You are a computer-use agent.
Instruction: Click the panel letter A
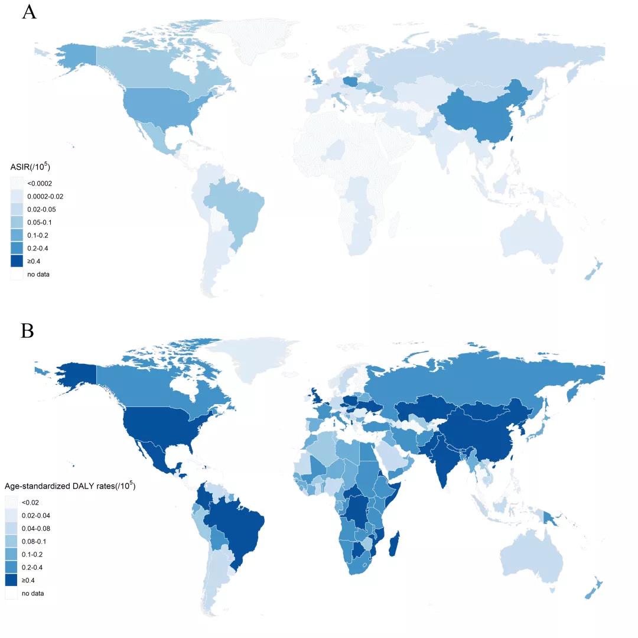point(29,12)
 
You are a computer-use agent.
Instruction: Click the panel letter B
point(27,331)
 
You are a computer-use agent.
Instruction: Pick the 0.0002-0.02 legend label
point(47,197)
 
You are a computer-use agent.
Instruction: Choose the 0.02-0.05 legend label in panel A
point(43,210)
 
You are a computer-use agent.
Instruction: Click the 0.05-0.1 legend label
point(41,223)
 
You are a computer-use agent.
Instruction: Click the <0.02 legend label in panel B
point(31,503)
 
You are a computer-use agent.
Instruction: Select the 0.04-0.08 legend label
point(37,529)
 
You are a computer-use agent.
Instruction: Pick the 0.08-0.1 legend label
point(35,542)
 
